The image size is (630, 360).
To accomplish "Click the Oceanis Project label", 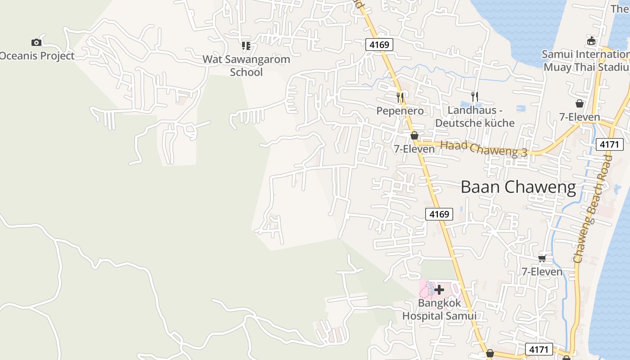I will (x=37, y=56).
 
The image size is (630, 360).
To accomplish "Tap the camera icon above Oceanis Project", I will (x=36, y=42).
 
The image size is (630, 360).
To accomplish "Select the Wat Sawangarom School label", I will (x=246, y=65).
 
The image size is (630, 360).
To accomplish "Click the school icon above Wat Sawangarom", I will (x=246, y=45).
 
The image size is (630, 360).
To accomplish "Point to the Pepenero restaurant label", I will (x=400, y=111).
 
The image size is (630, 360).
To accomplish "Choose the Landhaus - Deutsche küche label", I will (x=475, y=117).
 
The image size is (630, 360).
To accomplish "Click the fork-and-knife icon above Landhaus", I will (x=474, y=96).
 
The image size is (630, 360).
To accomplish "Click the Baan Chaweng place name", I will (x=518, y=187).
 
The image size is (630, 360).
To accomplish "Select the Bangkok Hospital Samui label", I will (x=439, y=309).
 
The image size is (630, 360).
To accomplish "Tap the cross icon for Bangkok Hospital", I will (x=439, y=289).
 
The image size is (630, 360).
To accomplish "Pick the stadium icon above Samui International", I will (x=591, y=41).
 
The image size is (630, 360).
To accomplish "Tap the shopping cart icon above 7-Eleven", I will (x=542, y=258).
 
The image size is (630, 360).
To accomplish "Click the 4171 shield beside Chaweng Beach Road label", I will (x=610, y=144).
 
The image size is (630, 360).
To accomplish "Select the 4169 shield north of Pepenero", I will (x=379, y=45).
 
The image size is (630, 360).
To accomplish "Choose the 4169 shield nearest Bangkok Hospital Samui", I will (x=439, y=214).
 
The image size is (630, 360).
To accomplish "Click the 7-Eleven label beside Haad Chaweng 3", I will (x=414, y=149).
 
